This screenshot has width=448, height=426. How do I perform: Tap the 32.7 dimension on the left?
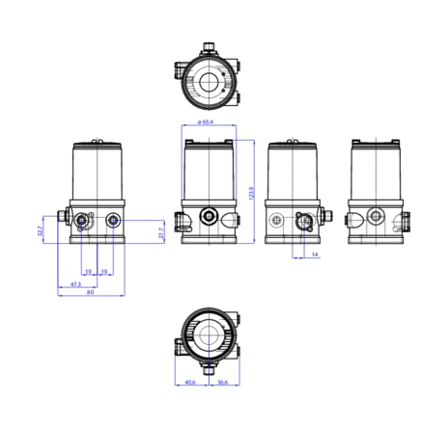[x=41, y=231]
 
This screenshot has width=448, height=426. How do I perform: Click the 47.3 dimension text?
[x=75, y=284]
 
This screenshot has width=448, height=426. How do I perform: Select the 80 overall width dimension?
[x=90, y=294]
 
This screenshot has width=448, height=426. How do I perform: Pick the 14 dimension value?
[x=314, y=254]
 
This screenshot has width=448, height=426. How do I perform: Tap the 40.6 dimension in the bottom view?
[x=190, y=382]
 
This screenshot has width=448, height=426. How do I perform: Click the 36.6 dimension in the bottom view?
[x=222, y=382]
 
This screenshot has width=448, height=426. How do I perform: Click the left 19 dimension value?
[x=88, y=272]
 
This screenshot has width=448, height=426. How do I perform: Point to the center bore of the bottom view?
[x=207, y=336]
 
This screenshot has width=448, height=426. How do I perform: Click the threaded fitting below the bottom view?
[x=207, y=368]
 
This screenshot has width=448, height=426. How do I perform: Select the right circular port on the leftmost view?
[x=115, y=221]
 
